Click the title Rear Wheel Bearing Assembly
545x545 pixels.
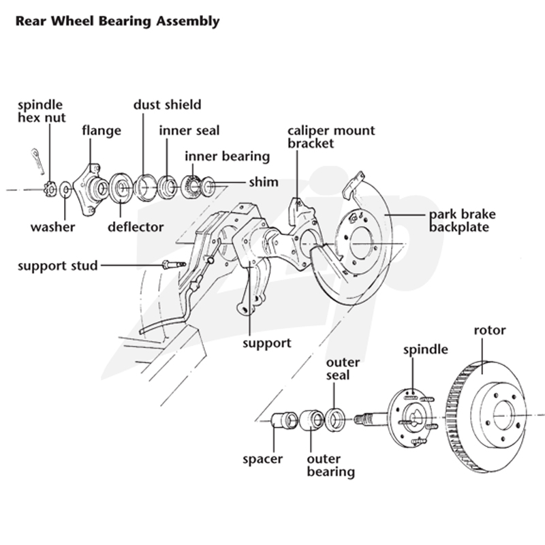pyautogui.click(x=117, y=21)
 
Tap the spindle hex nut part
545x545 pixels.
pyautogui.click(x=50, y=189)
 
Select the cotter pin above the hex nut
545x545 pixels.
pyautogui.click(x=37, y=161)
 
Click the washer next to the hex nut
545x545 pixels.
pyautogui.click(x=65, y=189)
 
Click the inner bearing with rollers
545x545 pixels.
pyautogui.click(x=191, y=187)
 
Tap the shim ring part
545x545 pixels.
pyautogui.click(x=208, y=185)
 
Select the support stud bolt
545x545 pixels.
pyautogui.click(x=174, y=265)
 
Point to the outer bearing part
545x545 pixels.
pyautogui.click(x=312, y=420)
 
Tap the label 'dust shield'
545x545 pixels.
pyautogui.click(x=167, y=105)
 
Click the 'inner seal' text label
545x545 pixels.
pyautogui.click(x=189, y=131)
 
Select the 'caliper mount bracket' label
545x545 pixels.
pyautogui.click(x=331, y=137)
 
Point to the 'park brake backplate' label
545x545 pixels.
pyautogui.click(x=463, y=220)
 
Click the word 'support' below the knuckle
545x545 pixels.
pyautogui.click(x=267, y=343)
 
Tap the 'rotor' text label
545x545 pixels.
pyautogui.click(x=490, y=330)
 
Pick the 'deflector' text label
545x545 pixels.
pyautogui.click(x=136, y=227)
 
